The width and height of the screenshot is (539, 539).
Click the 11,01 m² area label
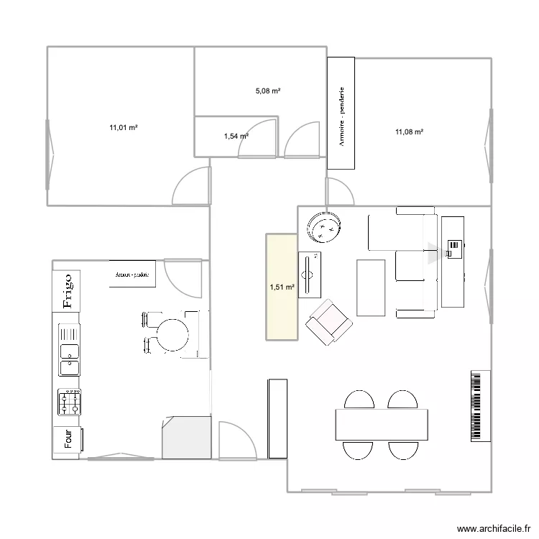click(x=123, y=128)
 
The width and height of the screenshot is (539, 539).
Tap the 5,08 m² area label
click(x=267, y=91)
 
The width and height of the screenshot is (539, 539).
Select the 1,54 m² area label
click(x=236, y=136)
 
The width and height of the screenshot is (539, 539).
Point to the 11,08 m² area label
click(x=409, y=132)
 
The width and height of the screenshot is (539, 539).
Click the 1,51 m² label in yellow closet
click(x=282, y=288)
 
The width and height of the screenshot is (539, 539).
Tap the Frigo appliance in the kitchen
click(x=68, y=290)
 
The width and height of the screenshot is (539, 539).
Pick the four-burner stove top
click(x=70, y=402)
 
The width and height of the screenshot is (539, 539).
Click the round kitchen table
click(x=172, y=334)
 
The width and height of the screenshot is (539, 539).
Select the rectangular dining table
click(x=381, y=424)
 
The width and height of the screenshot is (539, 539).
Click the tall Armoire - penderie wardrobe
click(x=341, y=114)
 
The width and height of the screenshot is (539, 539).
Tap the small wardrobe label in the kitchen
click(x=132, y=275)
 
